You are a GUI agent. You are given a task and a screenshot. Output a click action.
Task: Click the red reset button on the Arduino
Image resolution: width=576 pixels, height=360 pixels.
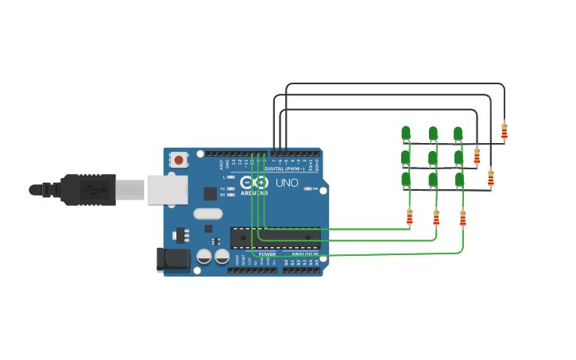click(x=179, y=160)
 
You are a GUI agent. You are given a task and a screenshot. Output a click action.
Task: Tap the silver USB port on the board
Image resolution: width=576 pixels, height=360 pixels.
click(x=166, y=190)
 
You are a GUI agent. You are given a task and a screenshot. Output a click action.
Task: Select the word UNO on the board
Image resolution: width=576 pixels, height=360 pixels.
click(x=287, y=183)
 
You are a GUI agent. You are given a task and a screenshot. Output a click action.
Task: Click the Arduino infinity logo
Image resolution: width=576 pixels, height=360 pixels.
click(x=254, y=183)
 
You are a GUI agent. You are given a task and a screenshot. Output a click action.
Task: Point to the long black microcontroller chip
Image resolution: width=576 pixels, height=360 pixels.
click(x=275, y=237)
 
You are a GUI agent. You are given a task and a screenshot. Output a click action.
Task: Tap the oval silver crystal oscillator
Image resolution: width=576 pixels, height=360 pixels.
click(x=207, y=213)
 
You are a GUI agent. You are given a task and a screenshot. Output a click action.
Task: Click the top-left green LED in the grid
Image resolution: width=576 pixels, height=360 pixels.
click(x=406, y=133)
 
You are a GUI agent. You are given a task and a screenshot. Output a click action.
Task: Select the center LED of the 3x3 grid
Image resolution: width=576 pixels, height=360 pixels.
click(x=433, y=157)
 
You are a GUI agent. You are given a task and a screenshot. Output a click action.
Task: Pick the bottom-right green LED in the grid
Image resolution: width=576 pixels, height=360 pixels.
click(x=460, y=180)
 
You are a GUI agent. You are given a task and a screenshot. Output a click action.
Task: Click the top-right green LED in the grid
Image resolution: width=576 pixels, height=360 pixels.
click(x=458, y=133)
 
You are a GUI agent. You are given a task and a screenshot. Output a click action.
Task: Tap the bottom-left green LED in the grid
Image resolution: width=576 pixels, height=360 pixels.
click(x=406, y=180)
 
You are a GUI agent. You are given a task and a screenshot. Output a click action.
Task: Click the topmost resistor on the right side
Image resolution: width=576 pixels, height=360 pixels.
click(x=504, y=130)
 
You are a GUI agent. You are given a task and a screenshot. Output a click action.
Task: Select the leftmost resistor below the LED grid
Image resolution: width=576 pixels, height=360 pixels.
click(x=410, y=216)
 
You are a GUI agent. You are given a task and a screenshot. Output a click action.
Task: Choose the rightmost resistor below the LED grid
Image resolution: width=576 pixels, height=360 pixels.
click(x=463, y=218)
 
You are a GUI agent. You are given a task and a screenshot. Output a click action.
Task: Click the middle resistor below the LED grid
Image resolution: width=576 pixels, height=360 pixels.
click(x=436, y=217)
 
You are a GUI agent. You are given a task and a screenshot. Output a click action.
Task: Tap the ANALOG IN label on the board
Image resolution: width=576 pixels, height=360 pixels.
click(x=304, y=254)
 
